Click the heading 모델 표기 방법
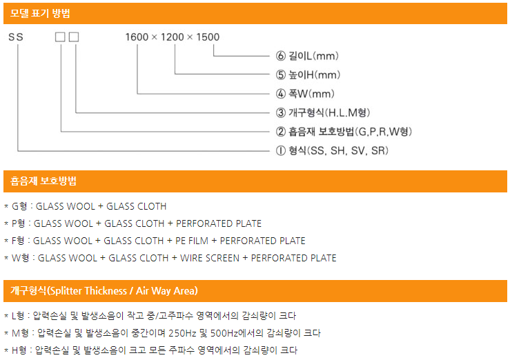(x=40, y=13)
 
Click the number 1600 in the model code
(x=137, y=37)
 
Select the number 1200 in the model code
(x=173, y=37)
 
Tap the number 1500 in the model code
(x=208, y=37)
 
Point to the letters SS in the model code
(x=16, y=37)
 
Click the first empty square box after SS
(x=60, y=37)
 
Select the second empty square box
(x=74, y=37)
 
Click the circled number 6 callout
(x=281, y=56)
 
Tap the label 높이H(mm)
(x=314, y=75)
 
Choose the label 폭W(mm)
(x=311, y=94)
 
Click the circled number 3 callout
(x=281, y=112)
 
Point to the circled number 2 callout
(x=281, y=132)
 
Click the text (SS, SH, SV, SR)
(x=348, y=150)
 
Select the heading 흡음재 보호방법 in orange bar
(x=43, y=181)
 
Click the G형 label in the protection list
(x=19, y=206)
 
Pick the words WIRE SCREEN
(x=210, y=258)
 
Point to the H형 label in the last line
(x=19, y=350)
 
